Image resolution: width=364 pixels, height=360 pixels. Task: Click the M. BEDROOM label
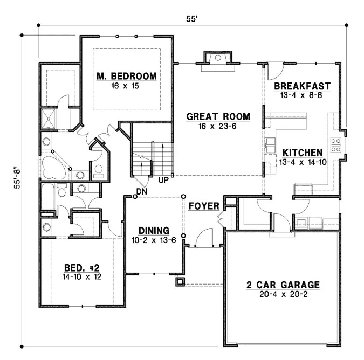pyautogui.click(x=127, y=76)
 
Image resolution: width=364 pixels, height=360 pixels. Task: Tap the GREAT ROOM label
pyautogui.click(x=218, y=116)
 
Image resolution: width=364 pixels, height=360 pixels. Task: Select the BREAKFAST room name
pyautogui.click(x=301, y=87)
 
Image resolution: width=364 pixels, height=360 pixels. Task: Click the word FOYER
pyautogui.click(x=203, y=206)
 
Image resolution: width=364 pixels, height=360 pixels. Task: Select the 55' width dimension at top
pyautogui.click(x=192, y=18)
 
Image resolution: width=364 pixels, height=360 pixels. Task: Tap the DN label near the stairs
pyautogui.click(x=142, y=191)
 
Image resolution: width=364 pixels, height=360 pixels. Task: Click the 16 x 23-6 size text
pyautogui.click(x=218, y=126)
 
